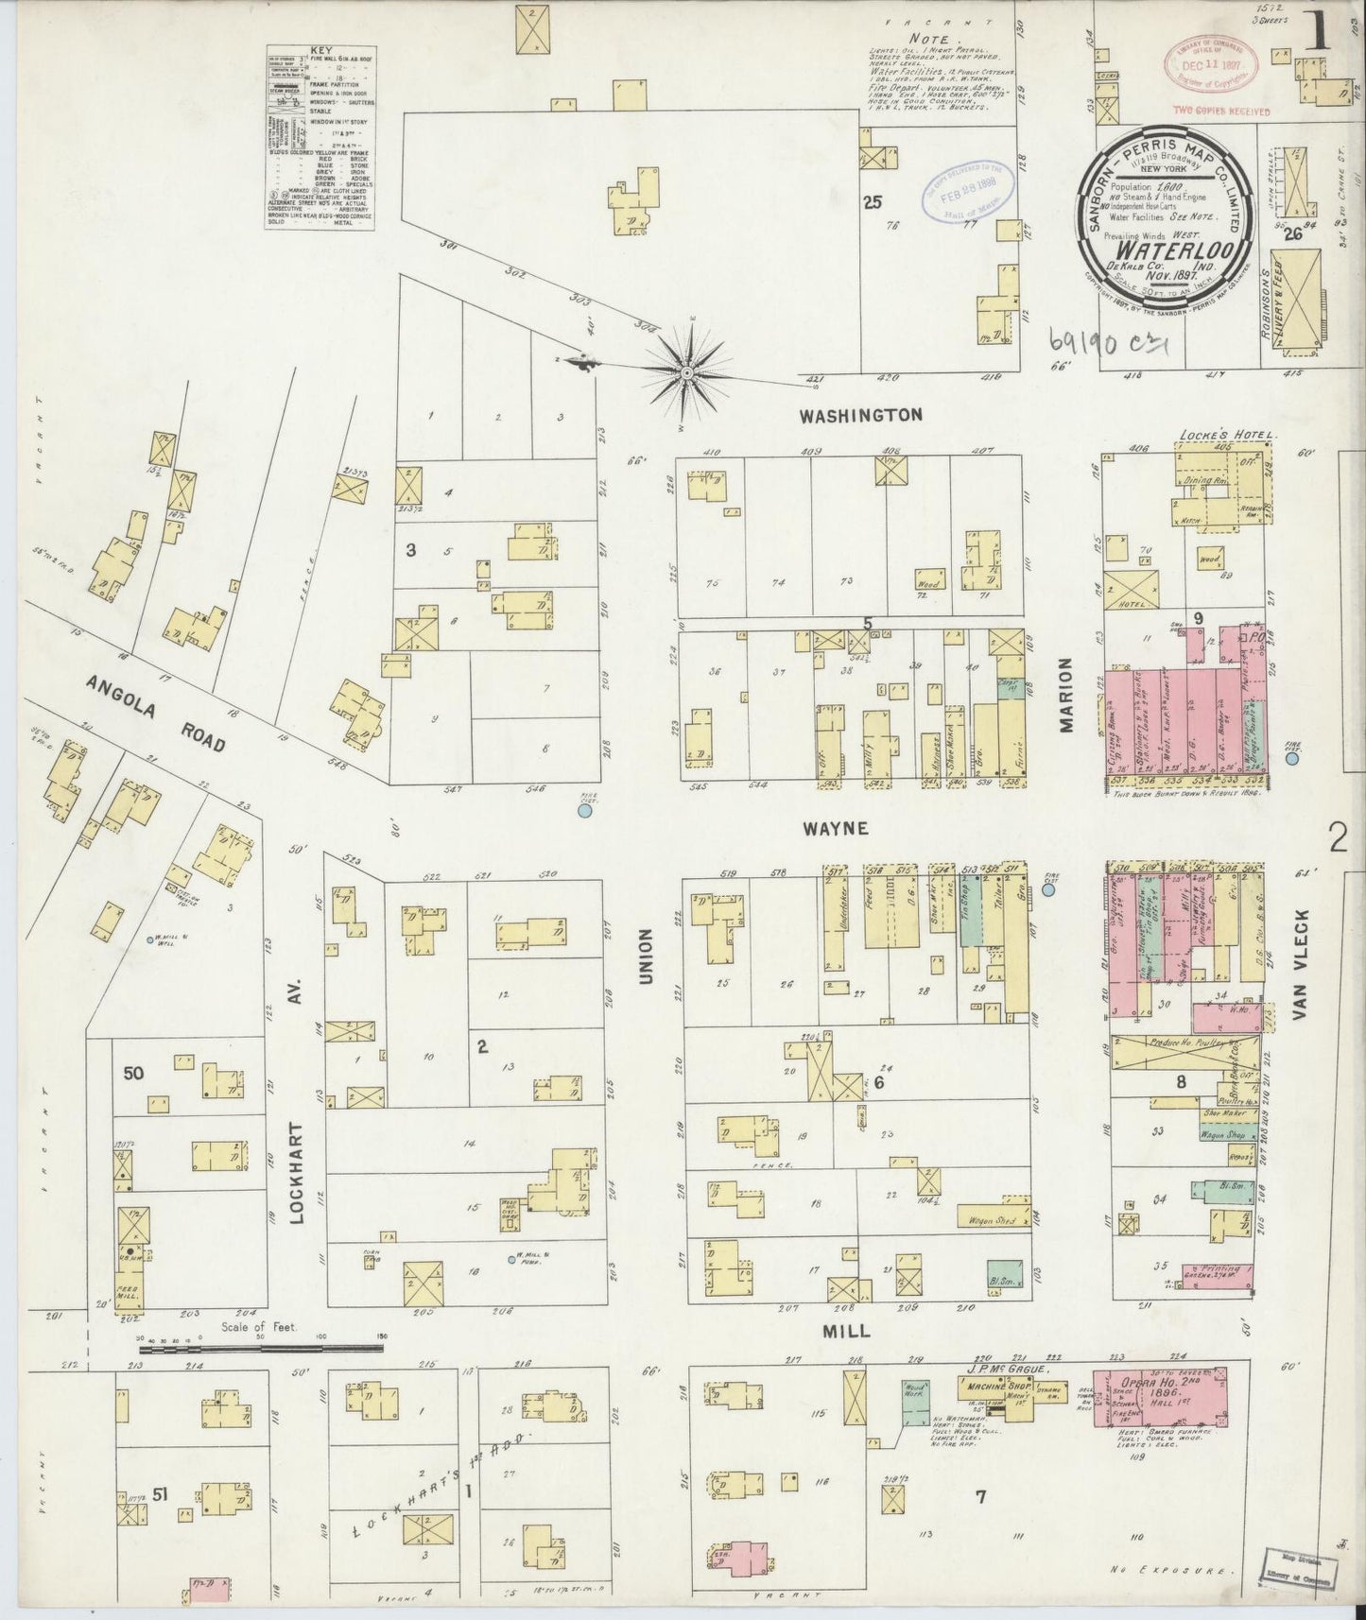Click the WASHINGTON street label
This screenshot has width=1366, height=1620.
point(859,414)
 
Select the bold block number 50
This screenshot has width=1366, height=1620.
point(132,1074)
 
